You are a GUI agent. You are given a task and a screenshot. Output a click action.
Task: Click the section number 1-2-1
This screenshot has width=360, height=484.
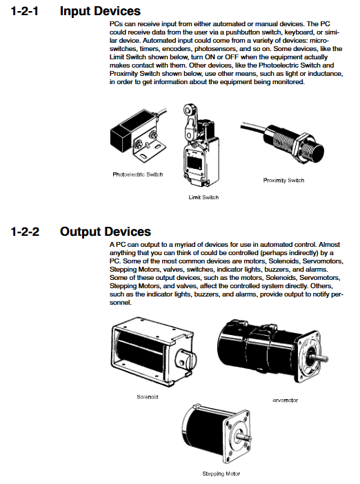click(25, 11)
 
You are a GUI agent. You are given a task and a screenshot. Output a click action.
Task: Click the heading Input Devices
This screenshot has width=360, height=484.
click(100, 11)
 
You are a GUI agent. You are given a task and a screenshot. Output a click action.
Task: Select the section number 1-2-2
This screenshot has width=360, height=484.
click(25, 232)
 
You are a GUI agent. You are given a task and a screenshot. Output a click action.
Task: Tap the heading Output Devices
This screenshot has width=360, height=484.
click(106, 232)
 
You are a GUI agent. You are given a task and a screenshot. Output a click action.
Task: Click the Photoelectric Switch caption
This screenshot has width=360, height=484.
click(138, 174)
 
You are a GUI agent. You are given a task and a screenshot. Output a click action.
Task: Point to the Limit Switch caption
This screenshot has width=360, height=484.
click(203, 197)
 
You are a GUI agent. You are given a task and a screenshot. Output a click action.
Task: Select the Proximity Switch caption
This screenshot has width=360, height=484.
click(283, 180)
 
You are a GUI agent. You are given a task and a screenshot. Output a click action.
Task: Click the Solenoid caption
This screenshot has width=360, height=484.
click(148, 397)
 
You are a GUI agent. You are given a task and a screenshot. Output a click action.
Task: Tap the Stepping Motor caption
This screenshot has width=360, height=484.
click(221, 474)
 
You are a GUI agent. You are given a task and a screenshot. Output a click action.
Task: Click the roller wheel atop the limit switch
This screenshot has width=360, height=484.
click(188, 109)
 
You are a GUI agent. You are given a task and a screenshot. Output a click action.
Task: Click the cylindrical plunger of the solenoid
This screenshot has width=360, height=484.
click(186, 360)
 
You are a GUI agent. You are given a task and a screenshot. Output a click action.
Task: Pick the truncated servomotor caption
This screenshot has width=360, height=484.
click(286, 401)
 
